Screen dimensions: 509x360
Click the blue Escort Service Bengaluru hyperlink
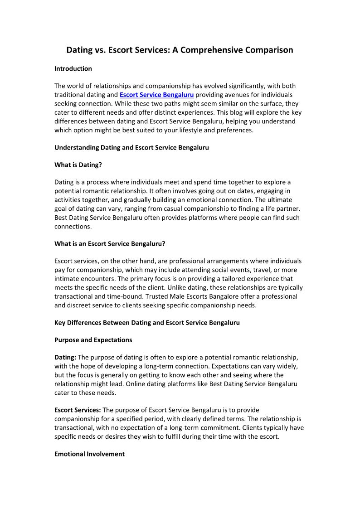(x=156, y=95)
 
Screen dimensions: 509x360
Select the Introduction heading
(x=73, y=69)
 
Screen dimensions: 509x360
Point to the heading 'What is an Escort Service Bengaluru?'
(x=110, y=244)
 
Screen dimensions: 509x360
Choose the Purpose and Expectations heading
(x=93, y=340)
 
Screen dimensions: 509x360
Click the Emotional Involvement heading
(x=89, y=454)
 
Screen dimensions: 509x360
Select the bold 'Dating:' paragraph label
(x=65, y=358)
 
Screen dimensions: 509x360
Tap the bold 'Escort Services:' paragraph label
(x=78, y=410)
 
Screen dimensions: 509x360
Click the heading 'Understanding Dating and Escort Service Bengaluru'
(x=131, y=148)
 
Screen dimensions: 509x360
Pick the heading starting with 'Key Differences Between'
(x=147, y=323)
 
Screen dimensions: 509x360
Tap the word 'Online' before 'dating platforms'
(x=136, y=384)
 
